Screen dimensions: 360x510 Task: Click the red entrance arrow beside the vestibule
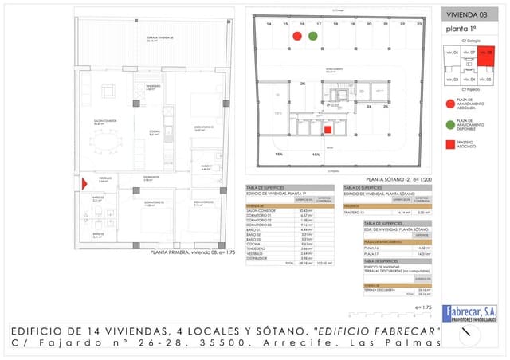point(84,184)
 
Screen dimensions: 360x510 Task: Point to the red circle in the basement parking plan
point(297,36)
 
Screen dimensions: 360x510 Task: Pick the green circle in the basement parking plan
point(312,36)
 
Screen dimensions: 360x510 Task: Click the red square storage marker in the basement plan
point(328,130)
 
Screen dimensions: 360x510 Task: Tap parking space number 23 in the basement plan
point(419,25)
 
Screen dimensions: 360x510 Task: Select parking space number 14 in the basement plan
point(269,25)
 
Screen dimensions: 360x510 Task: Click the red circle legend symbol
point(451,101)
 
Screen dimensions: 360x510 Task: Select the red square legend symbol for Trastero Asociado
point(451,145)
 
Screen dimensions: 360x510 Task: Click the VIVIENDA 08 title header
point(466,14)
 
